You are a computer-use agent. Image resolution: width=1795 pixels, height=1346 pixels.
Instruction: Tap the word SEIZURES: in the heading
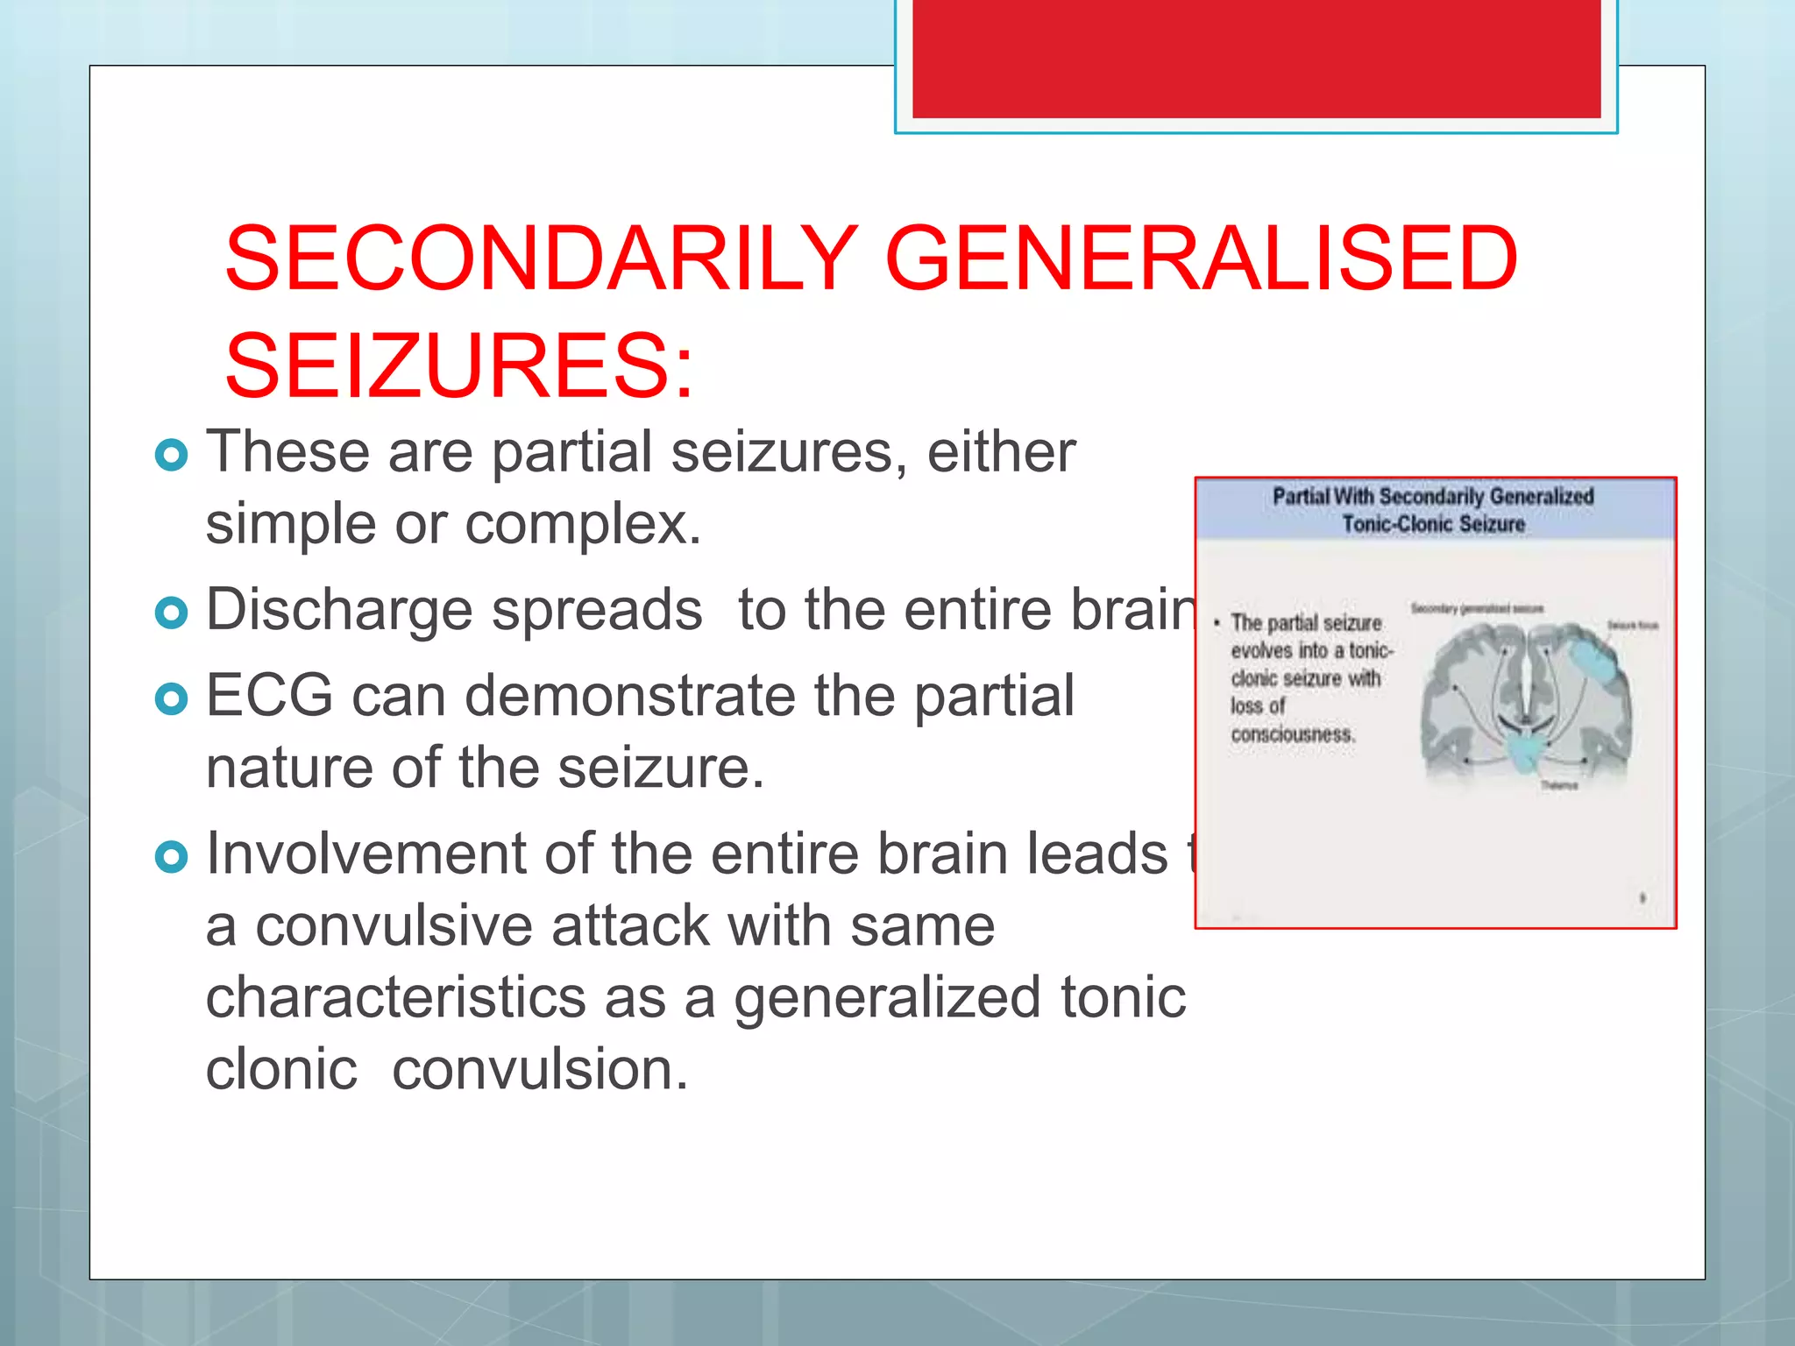(x=458, y=366)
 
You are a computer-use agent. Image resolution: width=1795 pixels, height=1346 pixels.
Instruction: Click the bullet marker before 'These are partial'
(x=171, y=455)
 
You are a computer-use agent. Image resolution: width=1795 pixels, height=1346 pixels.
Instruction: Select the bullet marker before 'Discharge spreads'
(x=171, y=613)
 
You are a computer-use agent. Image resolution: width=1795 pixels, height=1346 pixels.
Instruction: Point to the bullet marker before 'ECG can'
(x=171, y=698)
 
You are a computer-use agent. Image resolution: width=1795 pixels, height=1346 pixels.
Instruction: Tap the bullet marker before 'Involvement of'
(x=171, y=856)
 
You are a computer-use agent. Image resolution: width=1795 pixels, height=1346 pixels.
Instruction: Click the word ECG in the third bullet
(x=269, y=696)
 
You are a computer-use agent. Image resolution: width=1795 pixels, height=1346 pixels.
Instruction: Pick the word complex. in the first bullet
(x=583, y=524)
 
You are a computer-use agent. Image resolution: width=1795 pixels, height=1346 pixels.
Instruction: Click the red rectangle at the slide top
(x=1256, y=58)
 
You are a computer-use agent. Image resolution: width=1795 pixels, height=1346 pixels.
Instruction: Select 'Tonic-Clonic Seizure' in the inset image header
(x=1434, y=525)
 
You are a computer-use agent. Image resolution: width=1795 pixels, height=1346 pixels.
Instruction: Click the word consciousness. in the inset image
(x=1293, y=734)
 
